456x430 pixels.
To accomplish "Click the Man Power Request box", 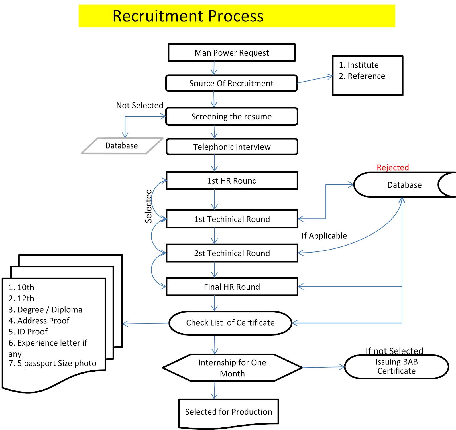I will tap(231, 53).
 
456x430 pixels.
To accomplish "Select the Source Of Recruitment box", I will tap(231, 83).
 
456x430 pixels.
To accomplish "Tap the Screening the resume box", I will tap(231, 117).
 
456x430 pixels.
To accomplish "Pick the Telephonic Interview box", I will tap(232, 147).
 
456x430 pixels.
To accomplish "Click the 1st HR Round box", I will tap(232, 181).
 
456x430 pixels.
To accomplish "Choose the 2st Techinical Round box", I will tap(232, 253).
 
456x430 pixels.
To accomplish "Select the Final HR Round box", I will tap(232, 287).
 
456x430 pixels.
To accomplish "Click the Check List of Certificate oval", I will tap(230, 323).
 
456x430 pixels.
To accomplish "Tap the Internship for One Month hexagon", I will tap(232, 368).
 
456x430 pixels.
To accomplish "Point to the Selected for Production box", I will tap(229, 412).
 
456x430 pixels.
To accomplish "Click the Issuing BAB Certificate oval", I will tap(396, 366).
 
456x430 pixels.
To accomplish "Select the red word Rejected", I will tap(393, 167).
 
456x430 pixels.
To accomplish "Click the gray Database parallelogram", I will tap(122, 146).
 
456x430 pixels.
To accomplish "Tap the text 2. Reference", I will tap(362, 76).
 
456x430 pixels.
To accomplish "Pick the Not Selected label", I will tap(140, 105).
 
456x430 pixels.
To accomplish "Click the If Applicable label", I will tap(324, 236).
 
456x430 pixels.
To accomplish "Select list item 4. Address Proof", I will tap(39, 321).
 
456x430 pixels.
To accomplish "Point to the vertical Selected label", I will tap(148, 206).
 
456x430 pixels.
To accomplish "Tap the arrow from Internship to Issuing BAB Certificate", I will tap(323, 367).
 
